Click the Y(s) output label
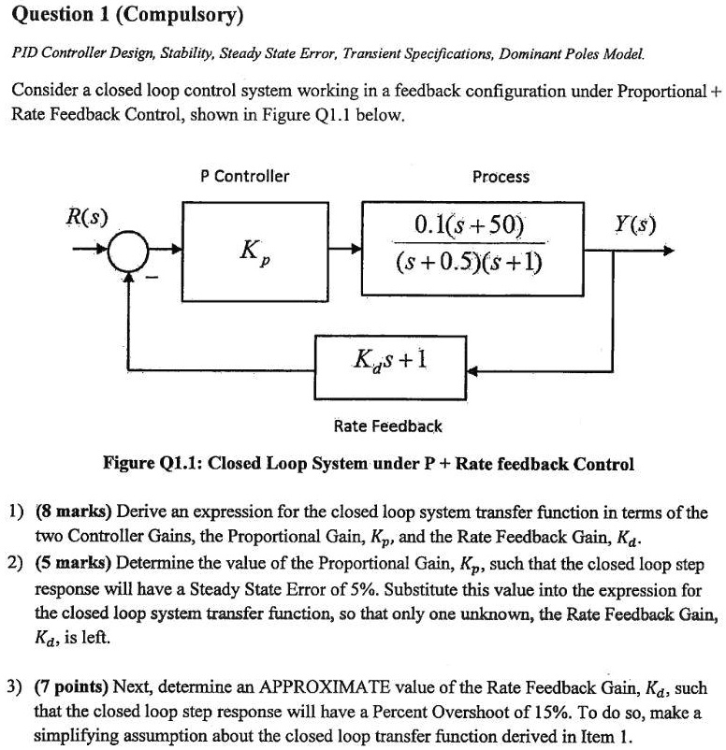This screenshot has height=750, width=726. [x=635, y=224]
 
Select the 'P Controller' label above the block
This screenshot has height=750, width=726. [x=245, y=176]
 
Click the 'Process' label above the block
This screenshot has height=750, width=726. [x=501, y=177]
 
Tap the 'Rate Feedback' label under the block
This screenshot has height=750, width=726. [x=388, y=426]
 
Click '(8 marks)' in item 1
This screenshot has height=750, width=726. [x=74, y=513]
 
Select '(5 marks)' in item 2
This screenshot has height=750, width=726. [x=74, y=566]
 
